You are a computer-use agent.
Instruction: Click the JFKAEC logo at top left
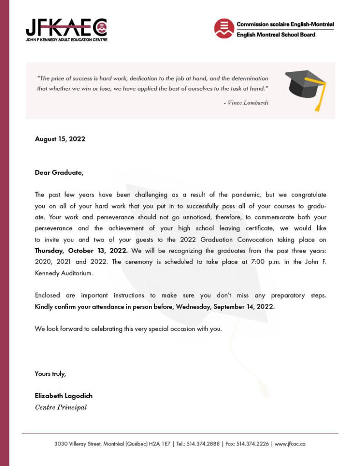(x=66, y=30)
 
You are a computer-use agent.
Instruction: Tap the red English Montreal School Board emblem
(x=224, y=29)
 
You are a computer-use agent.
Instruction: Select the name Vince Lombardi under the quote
(x=248, y=103)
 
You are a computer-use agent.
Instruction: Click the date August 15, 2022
(x=60, y=139)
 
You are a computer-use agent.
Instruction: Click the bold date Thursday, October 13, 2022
(x=81, y=251)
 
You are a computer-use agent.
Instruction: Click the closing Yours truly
(x=51, y=374)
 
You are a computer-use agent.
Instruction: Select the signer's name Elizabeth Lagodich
(x=64, y=396)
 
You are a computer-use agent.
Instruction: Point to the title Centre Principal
(x=61, y=407)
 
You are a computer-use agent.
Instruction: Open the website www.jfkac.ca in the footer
(x=290, y=444)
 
